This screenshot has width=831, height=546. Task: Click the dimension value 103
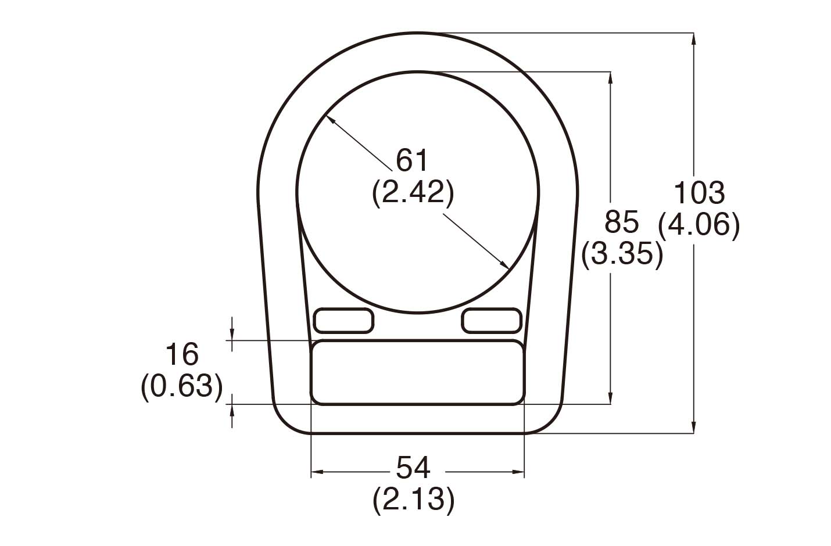(x=699, y=193)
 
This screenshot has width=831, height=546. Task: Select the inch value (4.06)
(x=699, y=224)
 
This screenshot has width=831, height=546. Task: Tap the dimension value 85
(x=621, y=222)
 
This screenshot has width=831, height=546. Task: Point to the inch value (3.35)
(x=622, y=254)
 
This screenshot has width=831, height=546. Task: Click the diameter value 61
(x=412, y=160)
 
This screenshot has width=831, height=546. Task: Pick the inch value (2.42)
(x=413, y=192)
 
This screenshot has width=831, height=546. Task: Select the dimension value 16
(x=182, y=354)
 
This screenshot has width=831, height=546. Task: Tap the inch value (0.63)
(x=182, y=386)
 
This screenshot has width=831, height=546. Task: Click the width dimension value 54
(x=413, y=467)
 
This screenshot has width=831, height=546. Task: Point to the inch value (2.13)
(x=413, y=499)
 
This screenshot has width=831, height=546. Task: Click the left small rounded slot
(x=343, y=321)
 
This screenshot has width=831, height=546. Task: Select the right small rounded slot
(x=492, y=321)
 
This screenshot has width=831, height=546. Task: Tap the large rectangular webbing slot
(x=417, y=372)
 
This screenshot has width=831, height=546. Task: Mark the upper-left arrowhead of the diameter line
(x=330, y=118)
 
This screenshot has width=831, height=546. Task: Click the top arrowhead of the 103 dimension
(x=693, y=38)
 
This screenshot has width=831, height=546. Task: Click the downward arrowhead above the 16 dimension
(x=232, y=335)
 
